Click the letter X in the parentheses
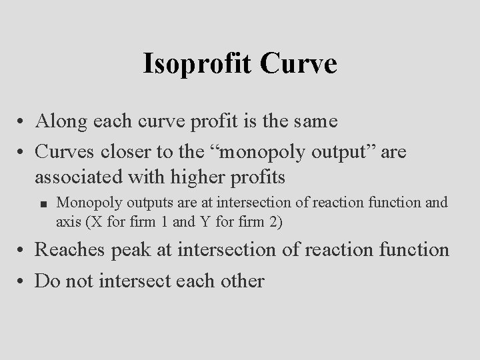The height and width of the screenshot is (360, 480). [93, 222]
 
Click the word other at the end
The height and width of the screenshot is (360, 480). [239, 280]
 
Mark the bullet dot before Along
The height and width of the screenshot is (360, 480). [22, 123]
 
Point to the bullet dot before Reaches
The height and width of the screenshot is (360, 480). [22, 252]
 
